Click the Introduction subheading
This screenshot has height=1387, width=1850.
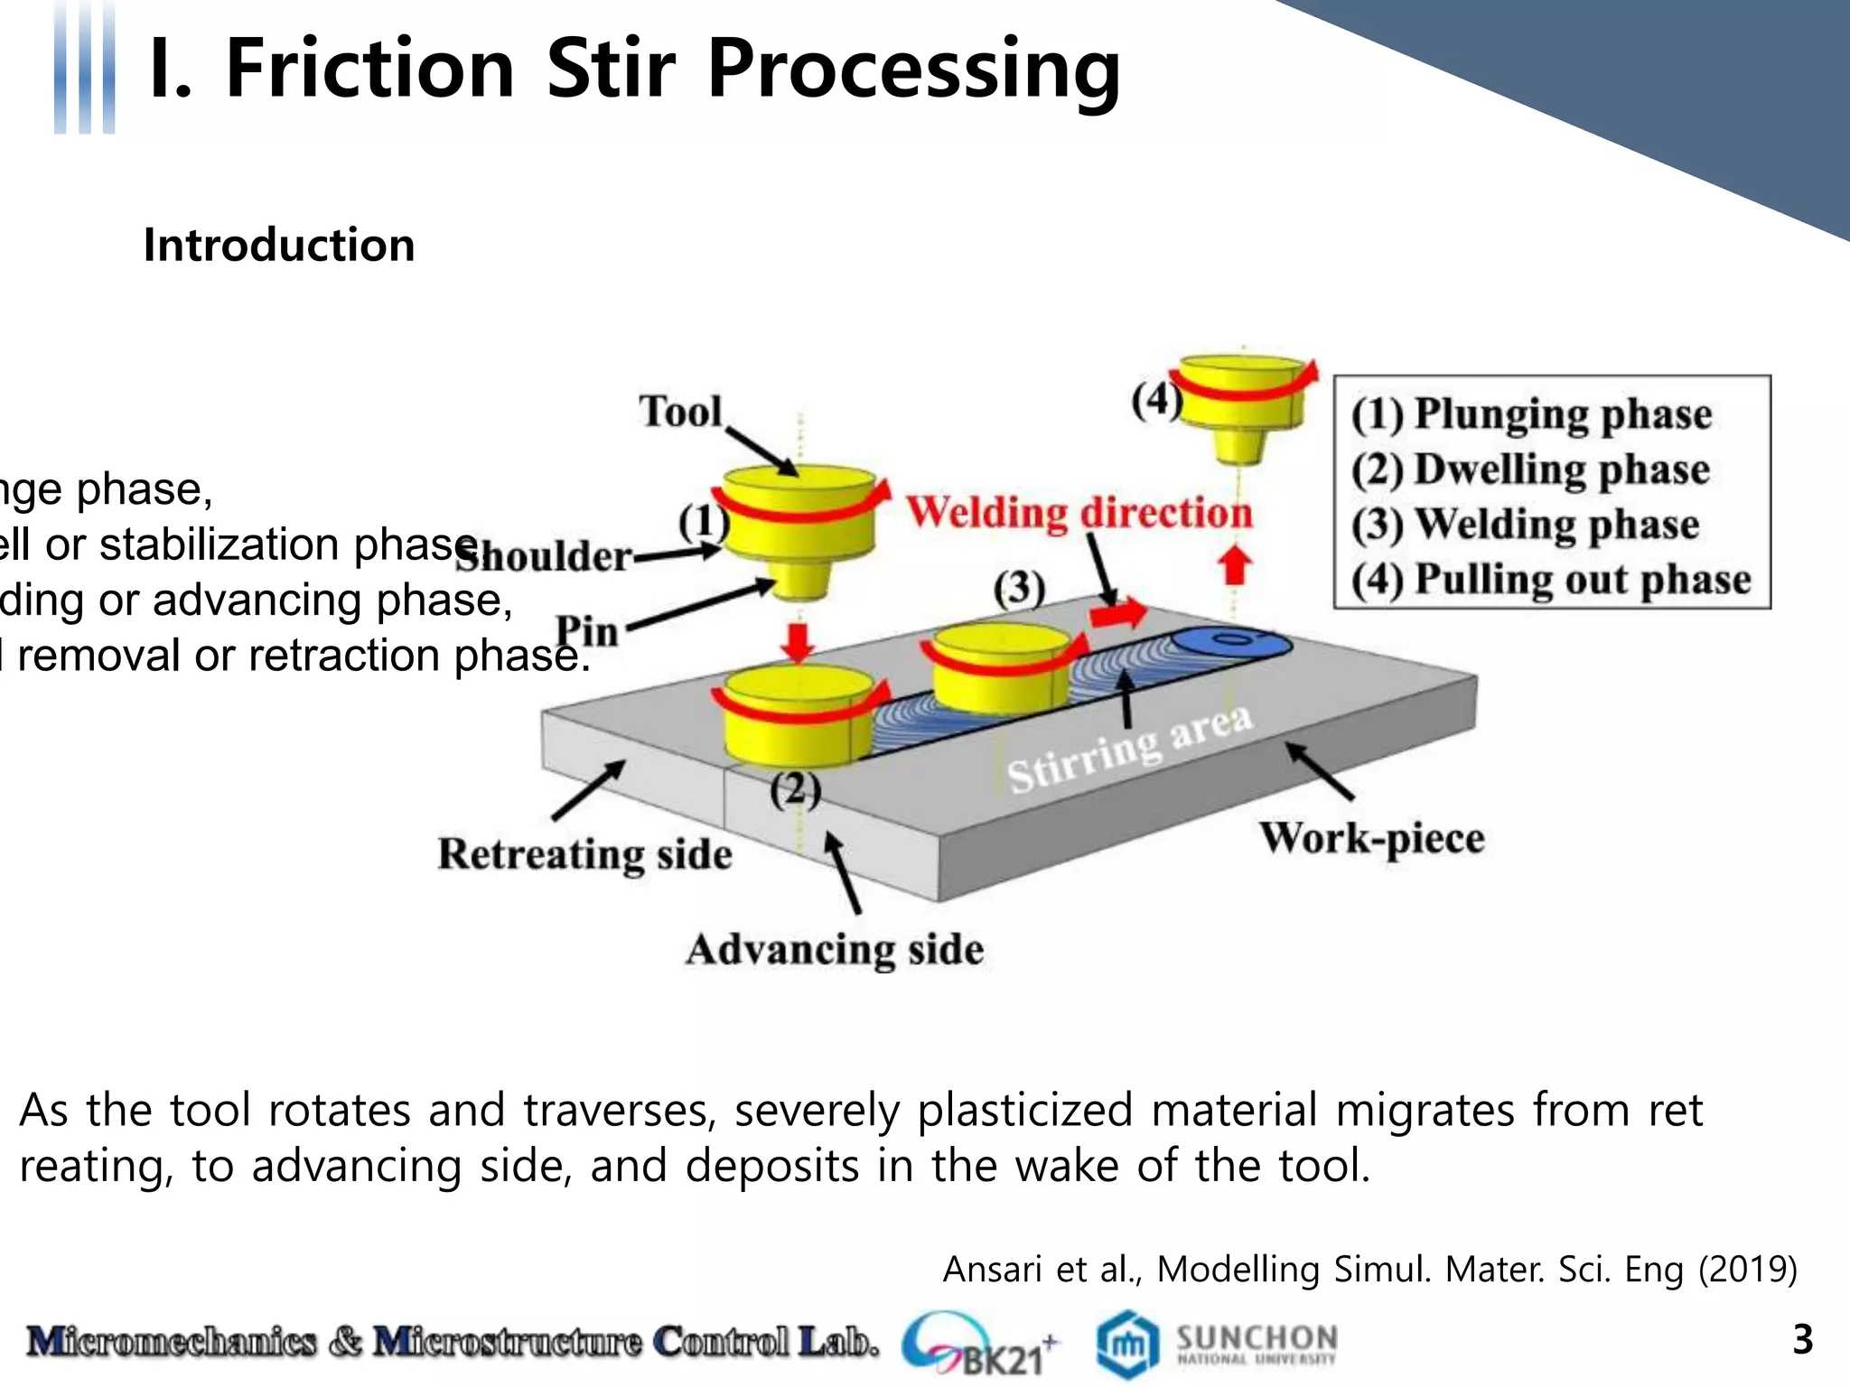279,246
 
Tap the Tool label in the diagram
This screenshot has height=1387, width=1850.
680,412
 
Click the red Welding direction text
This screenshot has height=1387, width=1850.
1079,512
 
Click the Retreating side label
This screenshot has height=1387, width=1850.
584,854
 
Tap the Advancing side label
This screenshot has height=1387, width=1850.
834,950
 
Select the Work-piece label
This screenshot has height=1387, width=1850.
1371,838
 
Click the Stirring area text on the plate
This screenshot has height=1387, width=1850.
1129,749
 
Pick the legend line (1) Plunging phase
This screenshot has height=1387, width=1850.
1531,414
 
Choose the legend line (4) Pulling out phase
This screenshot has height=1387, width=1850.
1550,579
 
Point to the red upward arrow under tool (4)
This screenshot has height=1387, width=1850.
1234,566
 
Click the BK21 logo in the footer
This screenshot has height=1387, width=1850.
980,1344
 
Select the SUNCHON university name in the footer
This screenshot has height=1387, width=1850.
1257,1336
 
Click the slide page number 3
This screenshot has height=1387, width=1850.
1802,1339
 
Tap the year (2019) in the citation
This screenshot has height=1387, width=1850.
1747,1270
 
